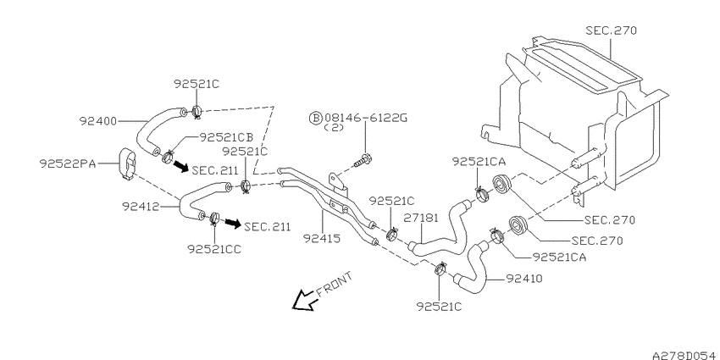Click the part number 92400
[x=98, y=122]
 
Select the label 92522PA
[x=68, y=163]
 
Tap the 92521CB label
[x=226, y=137]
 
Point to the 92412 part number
[x=140, y=207]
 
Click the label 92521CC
[x=214, y=248]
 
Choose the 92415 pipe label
[x=321, y=238]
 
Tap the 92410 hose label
[x=524, y=279]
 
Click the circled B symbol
[x=316, y=118]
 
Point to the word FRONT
[x=335, y=285]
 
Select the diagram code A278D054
[x=685, y=355]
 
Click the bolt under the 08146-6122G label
[x=363, y=161]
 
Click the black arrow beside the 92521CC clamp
[x=233, y=224]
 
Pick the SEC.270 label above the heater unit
[x=612, y=30]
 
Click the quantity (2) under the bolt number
[x=334, y=128]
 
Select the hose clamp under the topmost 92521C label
[x=197, y=111]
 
